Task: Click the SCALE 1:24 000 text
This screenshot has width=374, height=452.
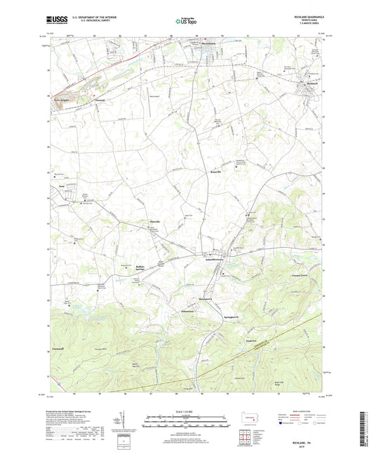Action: pyautogui.click(x=186, y=411)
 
